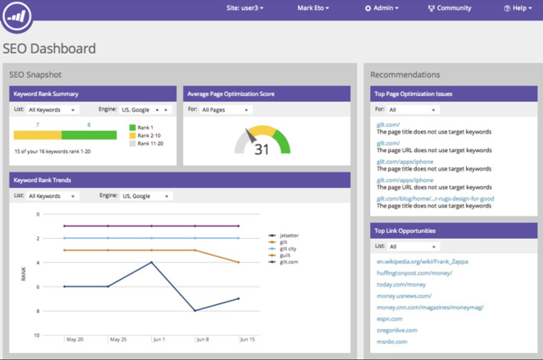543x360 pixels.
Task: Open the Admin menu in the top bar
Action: [381, 8]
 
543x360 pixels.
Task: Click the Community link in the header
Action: [449, 8]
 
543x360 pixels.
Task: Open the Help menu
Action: [517, 8]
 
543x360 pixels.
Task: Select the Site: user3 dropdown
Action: [245, 8]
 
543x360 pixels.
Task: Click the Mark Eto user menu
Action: [313, 8]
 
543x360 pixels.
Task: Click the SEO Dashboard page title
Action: [49, 48]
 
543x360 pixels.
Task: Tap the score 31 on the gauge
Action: [261, 150]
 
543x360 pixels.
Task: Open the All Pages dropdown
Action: [225, 109]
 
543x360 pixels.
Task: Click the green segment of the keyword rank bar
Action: [89, 134]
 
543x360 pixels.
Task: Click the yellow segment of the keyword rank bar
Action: [38, 134]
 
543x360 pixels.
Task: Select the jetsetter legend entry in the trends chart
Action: [289, 236]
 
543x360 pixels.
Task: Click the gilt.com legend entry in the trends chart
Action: [288, 262]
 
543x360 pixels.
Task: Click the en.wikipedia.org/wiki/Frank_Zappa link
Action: [423, 261]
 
